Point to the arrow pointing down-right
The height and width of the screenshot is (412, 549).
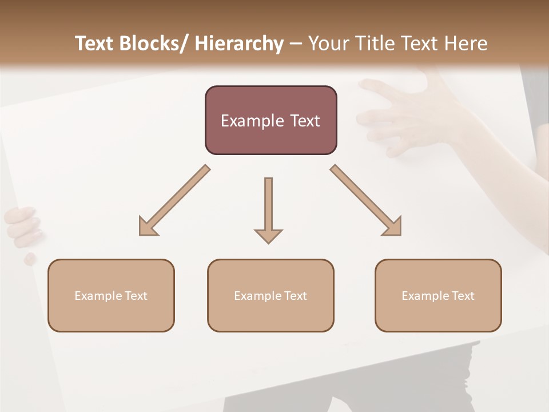pyautogui.click(x=367, y=201)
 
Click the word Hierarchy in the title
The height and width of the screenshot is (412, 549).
pyautogui.click(x=239, y=43)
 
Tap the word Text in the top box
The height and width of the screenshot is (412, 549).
pyautogui.click(x=305, y=121)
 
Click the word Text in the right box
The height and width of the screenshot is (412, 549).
pyautogui.click(x=462, y=296)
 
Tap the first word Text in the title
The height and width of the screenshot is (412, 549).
pyautogui.click(x=95, y=43)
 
